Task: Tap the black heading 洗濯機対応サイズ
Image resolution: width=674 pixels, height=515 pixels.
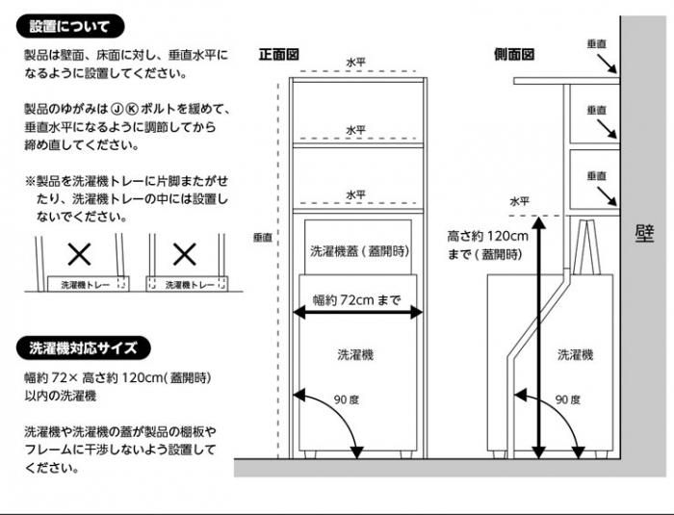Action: click(84, 348)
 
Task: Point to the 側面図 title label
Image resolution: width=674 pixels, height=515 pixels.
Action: click(514, 54)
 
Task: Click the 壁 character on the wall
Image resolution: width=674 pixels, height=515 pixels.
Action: click(645, 234)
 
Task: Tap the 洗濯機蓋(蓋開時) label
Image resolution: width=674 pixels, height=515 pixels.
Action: click(357, 250)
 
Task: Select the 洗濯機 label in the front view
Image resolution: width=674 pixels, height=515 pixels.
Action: click(356, 354)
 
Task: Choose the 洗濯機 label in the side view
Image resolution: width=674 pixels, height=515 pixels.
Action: click(575, 354)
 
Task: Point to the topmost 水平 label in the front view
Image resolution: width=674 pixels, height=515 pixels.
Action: click(356, 63)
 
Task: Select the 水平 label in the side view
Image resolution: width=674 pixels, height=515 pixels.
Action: click(520, 201)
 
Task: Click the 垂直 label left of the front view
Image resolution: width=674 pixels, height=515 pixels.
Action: click(263, 236)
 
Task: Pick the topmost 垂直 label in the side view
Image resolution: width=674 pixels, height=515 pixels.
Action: click(596, 44)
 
